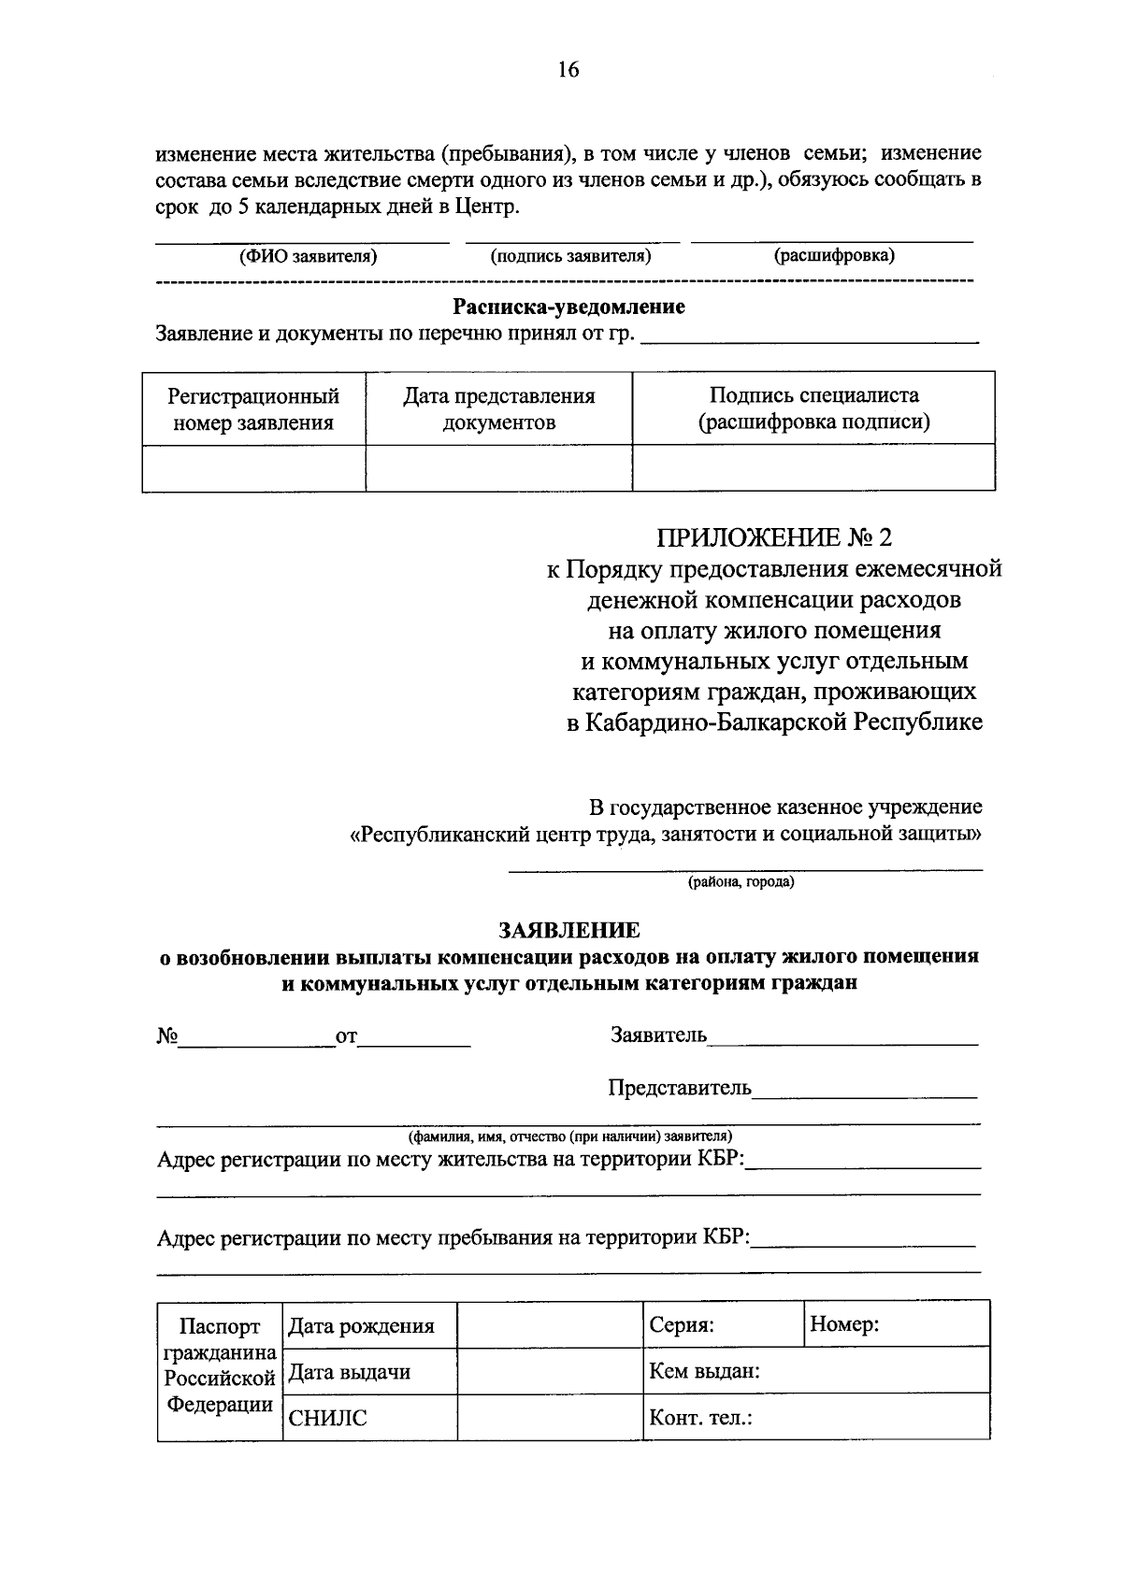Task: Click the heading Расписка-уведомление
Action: tap(568, 307)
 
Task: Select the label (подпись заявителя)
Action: tap(570, 256)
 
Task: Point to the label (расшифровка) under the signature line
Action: tap(833, 256)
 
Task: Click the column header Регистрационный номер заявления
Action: tap(253, 409)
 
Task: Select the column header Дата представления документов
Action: tap(498, 409)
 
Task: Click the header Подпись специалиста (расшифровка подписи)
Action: tap(813, 409)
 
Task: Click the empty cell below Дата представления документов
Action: tap(498, 467)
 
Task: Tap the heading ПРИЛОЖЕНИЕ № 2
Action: tap(775, 537)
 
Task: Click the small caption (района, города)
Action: tap(741, 881)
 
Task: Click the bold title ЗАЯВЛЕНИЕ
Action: tap(568, 930)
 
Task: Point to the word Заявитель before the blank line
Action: tap(658, 1035)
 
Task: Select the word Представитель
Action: tap(680, 1088)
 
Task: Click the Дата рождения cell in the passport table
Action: tap(361, 1325)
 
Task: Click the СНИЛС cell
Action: tap(328, 1418)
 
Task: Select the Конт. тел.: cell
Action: tap(701, 1418)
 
